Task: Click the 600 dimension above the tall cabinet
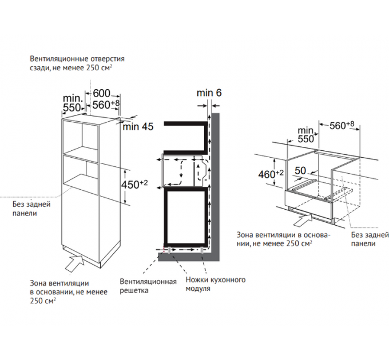[101, 94]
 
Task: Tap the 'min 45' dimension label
[138, 127]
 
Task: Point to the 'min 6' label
[209, 93]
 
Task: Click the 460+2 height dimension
[271, 174]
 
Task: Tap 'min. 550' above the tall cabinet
[73, 102]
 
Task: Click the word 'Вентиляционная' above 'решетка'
[144, 281]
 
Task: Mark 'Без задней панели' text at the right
[369, 239]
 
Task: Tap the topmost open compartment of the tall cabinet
[81, 135]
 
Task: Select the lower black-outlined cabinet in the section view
[185, 217]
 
